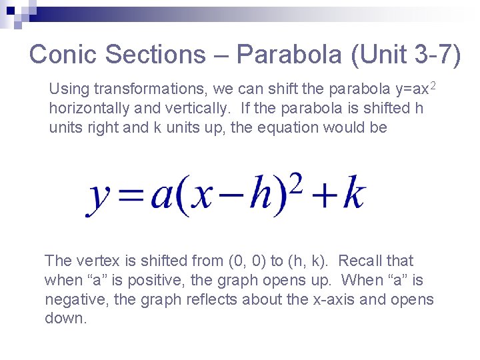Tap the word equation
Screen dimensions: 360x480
[293, 127]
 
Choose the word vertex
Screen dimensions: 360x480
[100, 261]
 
